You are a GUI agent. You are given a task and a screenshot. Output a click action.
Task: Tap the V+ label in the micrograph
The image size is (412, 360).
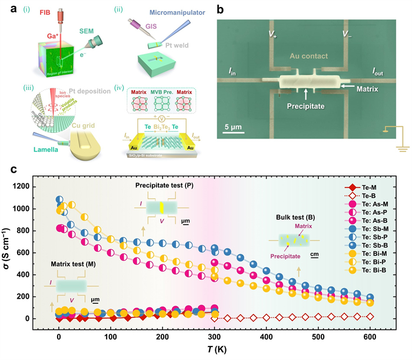[272, 34]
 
